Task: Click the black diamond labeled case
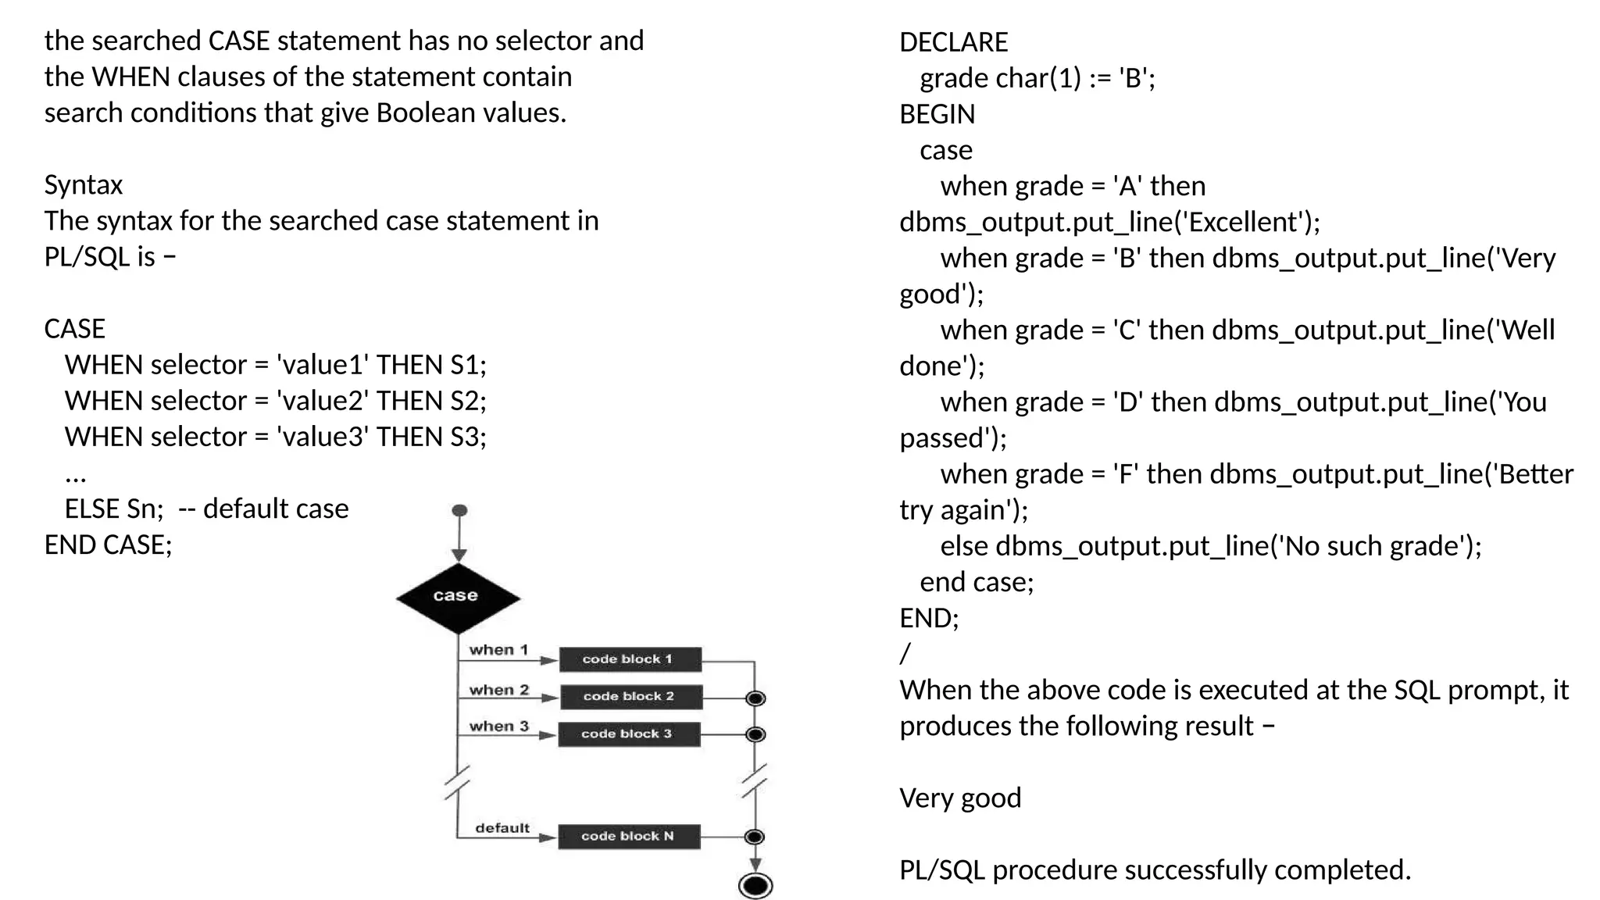[x=458, y=598]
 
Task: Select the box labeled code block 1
[x=630, y=659]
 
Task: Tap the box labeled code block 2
[x=630, y=696]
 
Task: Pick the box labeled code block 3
[x=628, y=734]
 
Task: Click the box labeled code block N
[x=628, y=836]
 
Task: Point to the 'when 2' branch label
[x=498, y=690]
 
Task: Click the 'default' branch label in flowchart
[x=502, y=828]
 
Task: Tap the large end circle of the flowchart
[x=755, y=885]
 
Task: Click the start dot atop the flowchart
[x=459, y=510]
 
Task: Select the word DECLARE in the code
[x=953, y=42]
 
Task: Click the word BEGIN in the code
[x=937, y=115]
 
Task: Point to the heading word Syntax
[x=84, y=185]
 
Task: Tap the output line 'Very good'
[x=959, y=798]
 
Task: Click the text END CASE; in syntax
[x=108, y=545]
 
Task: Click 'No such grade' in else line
[x=1372, y=546]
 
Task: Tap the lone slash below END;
[x=905, y=653]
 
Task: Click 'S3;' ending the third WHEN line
[x=468, y=437]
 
